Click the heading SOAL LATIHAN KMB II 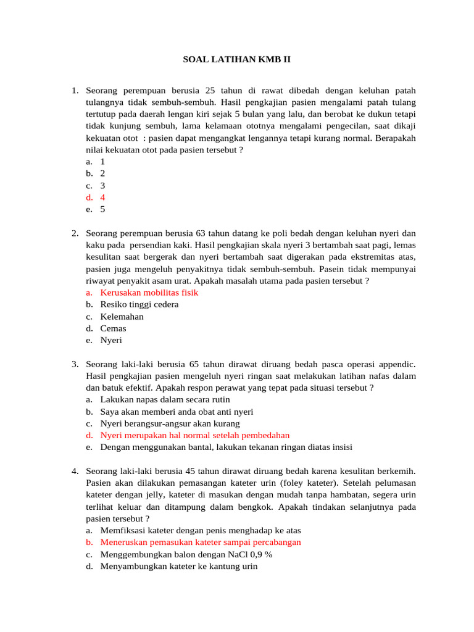(x=236, y=60)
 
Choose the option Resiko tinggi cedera (x=139, y=304)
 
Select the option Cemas (x=113, y=328)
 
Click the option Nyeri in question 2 (x=111, y=340)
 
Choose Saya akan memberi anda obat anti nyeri (x=177, y=412)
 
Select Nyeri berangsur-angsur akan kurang (x=170, y=423)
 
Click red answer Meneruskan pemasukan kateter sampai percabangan (x=201, y=542)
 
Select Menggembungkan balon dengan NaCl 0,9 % (x=186, y=554)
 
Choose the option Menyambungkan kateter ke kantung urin (x=178, y=566)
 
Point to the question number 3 (x=74, y=364)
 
